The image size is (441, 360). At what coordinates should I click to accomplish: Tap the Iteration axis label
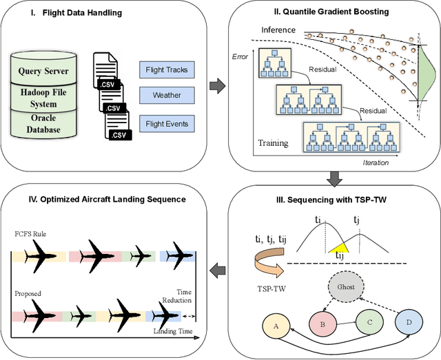[375, 163]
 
